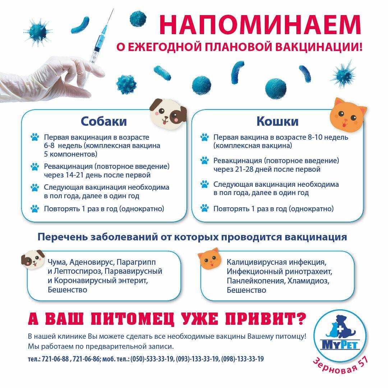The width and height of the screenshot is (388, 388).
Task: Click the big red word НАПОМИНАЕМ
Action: pos(259,25)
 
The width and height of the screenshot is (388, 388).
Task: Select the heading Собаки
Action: pos(103,121)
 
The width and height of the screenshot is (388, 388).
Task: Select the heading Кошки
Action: pos(277,121)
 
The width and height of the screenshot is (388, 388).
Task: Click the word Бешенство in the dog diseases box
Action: pos(68,290)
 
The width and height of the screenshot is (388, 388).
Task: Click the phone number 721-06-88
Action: pos(55,359)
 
